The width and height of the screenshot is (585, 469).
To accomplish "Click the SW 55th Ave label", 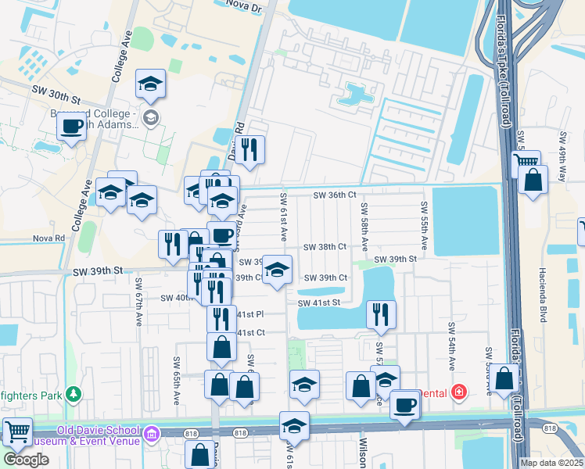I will (x=424, y=217).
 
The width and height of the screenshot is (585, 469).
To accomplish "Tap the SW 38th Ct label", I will (x=325, y=247).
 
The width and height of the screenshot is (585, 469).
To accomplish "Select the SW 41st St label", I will (x=318, y=303).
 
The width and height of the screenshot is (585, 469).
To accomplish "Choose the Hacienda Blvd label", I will (x=542, y=295).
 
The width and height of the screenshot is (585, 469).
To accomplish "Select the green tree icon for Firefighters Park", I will (x=74, y=394).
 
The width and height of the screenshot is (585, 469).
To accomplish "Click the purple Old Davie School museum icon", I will (x=151, y=431).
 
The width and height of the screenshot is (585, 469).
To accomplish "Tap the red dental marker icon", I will (x=460, y=391).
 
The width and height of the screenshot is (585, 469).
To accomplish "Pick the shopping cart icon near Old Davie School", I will (x=16, y=431).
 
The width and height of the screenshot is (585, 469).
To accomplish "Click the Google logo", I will (x=26, y=460).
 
